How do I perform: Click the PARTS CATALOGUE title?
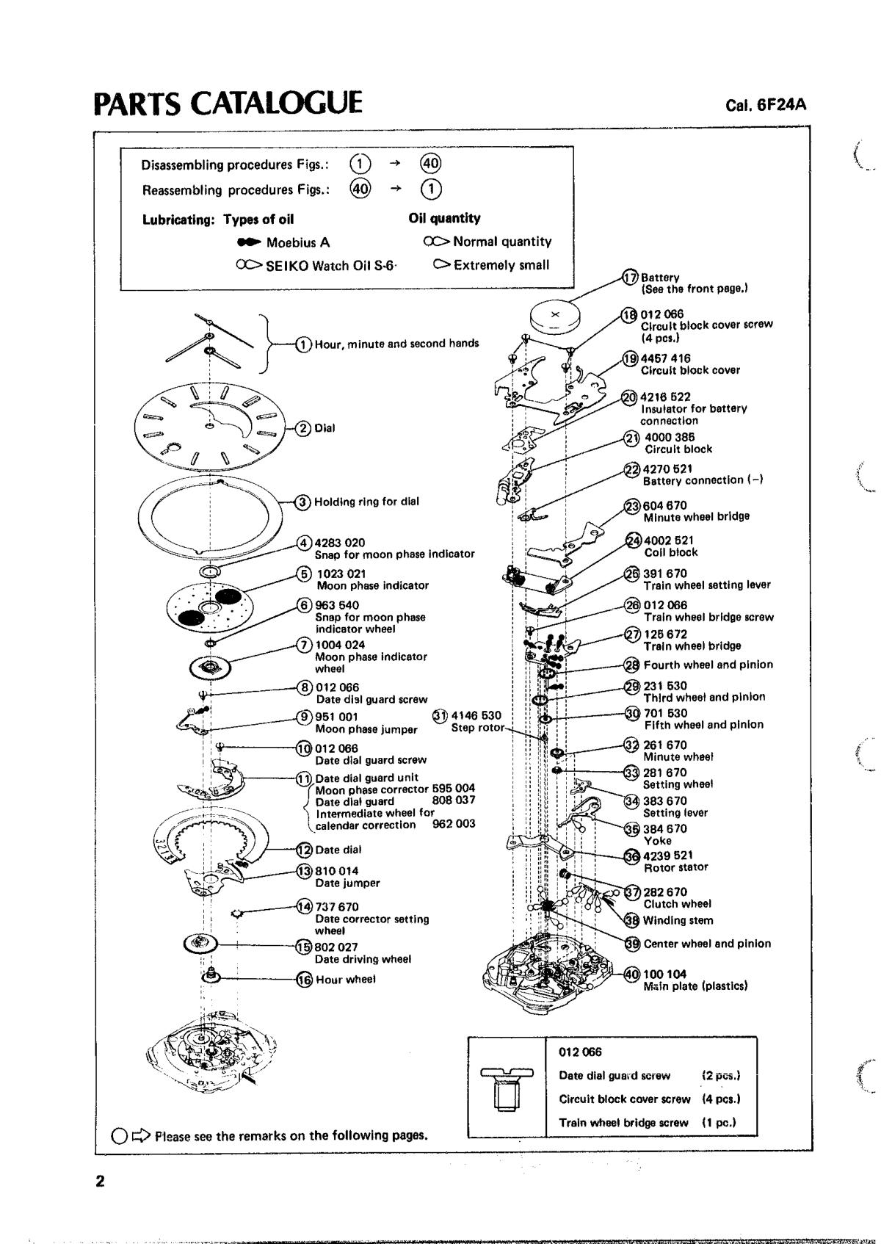pos(228,103)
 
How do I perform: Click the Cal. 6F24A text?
pos(766,105)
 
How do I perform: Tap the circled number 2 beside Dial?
pos(302,428)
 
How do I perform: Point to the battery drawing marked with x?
pos(555,317)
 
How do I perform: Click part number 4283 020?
pos(340,543)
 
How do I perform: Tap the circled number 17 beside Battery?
pos(631,278)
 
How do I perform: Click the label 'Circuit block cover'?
pos(690,370)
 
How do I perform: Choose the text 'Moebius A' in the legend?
pos(297,242)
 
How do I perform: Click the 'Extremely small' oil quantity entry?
pos(501,265)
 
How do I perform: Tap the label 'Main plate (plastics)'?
pos(695,986)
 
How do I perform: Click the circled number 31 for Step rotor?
pos(440,715)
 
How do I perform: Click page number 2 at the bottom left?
pos(100,1182)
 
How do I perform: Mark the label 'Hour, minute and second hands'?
pos(396,343)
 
